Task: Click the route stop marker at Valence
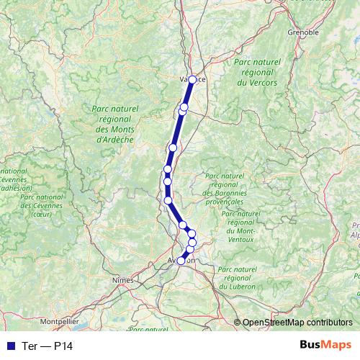coord(192,80)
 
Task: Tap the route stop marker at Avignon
coord(181,261)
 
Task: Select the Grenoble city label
coord(302,32)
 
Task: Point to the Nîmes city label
coord(124,280)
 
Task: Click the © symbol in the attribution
coord(238,323)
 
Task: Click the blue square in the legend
coord(8,346)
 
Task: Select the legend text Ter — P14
coord(47,346)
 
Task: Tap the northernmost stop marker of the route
coord(192,80)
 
